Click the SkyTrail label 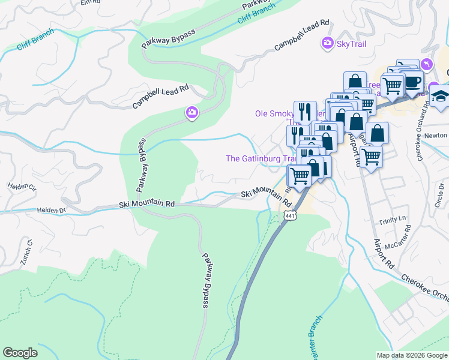[x=351, y=43]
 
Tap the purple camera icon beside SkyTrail [x=328, y=43]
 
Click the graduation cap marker [x=441, y=95]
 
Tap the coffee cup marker [x=413, y=80]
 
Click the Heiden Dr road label [x=50, y=211]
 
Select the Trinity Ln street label [x=393, y=221]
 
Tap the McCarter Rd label [x=398, y=236]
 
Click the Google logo [x=20, y=353]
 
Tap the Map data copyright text [x=412, y=355]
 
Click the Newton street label [x=435, y=136]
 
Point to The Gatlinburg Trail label [x=261, y=158]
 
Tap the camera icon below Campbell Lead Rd [x=192, y=112]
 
